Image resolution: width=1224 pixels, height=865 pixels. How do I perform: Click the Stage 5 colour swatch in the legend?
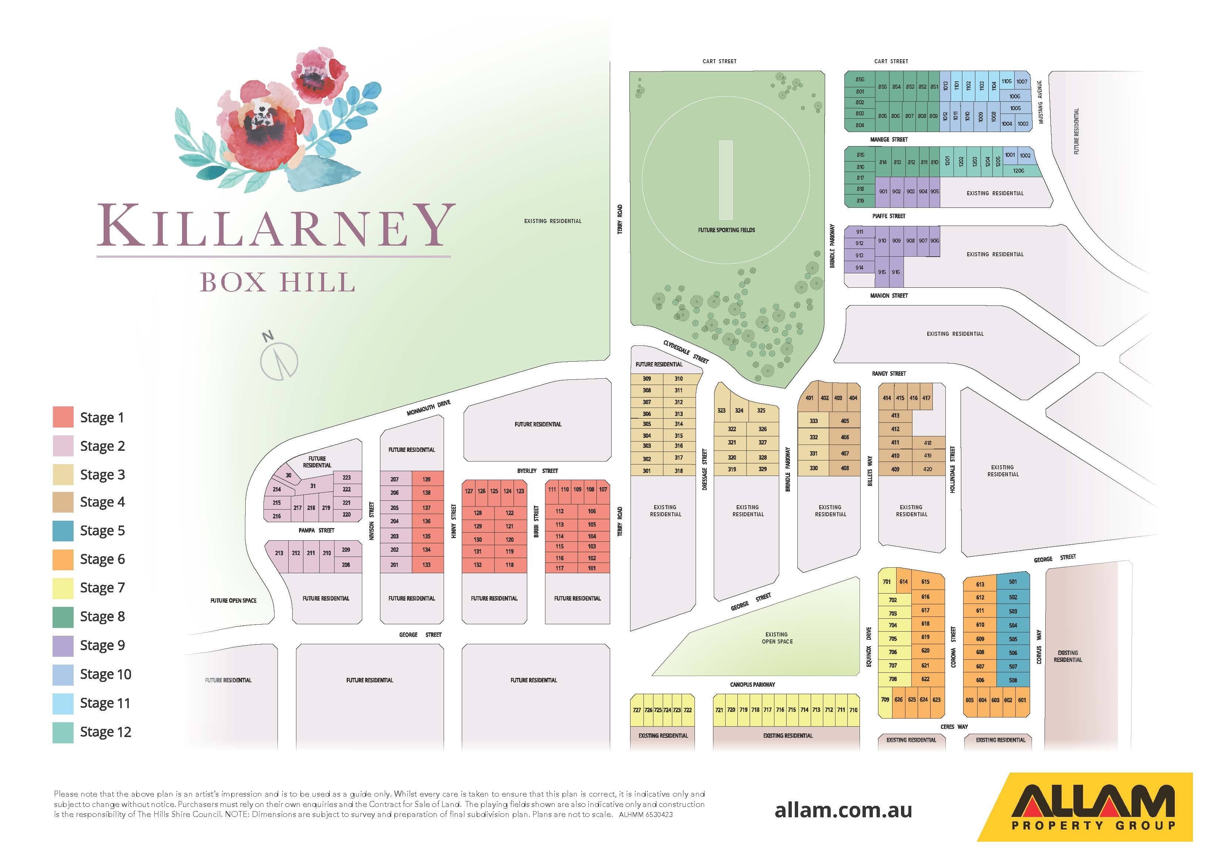tap(63, 531)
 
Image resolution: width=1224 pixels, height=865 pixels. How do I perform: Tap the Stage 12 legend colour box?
tap(63, 732)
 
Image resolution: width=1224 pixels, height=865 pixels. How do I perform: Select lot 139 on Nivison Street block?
tap(427, 479)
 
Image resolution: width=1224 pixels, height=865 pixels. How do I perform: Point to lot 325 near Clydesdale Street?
tap(761, 410)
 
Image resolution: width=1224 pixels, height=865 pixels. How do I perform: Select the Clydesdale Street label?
tap(686, 352)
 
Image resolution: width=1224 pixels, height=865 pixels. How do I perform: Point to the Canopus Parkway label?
tap(752, 684)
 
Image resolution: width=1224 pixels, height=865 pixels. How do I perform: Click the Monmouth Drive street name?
tap(428, 408)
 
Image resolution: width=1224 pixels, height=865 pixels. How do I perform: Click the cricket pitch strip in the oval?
tap(726, 180)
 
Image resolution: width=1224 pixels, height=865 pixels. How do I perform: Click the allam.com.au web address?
tap(843, 810)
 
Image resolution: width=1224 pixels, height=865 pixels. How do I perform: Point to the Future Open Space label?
tap(233, 601)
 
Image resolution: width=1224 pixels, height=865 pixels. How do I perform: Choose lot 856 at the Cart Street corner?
tap(860, 80)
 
